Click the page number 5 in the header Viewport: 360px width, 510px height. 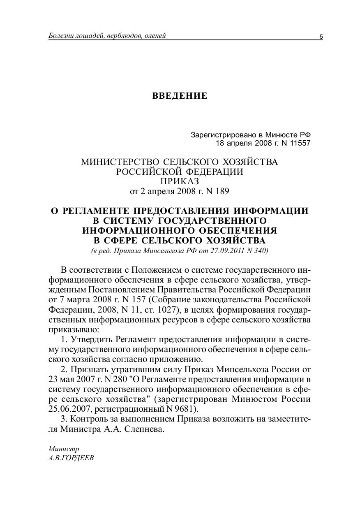[x=321, y=37]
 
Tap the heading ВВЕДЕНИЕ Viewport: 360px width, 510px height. [x=180, y=96]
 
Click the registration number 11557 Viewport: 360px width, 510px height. [x=300, y=143]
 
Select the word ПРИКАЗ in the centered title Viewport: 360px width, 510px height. [x=180, y=181]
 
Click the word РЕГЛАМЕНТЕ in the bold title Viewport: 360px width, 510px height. [x=104, y=211]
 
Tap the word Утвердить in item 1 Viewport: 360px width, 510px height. [x=93, y=340]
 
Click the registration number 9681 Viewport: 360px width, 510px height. [x=188, y=409]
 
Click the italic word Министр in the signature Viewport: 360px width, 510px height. [x=64, y=449]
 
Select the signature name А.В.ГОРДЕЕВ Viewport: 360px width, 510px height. [x=71, y=458]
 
